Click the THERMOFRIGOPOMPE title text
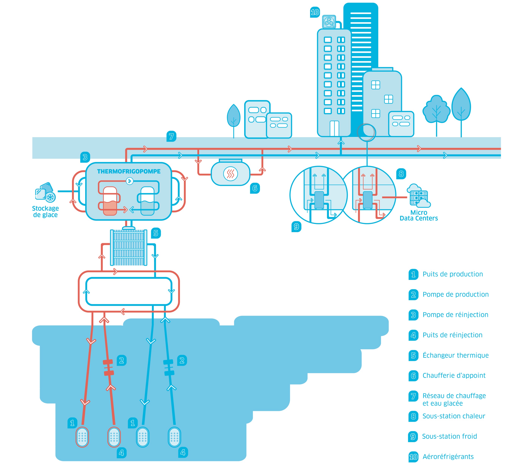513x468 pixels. [129, 171]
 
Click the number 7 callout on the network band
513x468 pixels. [171, 136]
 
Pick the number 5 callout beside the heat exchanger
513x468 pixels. [156, 233]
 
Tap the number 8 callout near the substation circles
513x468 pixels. [401, 174]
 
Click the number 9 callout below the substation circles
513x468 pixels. [296, 226]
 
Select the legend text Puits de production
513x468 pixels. [453, 274]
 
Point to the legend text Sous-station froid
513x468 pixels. [449, 436]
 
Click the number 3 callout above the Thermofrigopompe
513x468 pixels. [85, 157]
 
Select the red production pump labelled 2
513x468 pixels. [108, 367]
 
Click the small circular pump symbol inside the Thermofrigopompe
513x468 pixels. [129, 181]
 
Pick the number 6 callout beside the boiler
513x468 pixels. [255, 188]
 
